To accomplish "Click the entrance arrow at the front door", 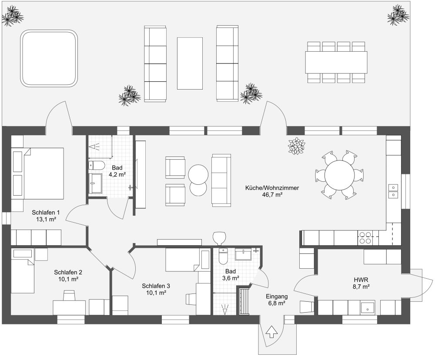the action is [x=271, y=332].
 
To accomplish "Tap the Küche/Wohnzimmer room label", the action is [x=272, y=188].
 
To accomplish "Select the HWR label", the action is [x=361, y=280].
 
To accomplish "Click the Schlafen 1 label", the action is [x=46, y=213].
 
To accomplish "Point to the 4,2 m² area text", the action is [x=117, y=174].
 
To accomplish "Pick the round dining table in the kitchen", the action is [x=340, y=175].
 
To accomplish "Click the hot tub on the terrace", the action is [x=49, y=58].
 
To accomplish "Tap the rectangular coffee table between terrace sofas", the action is [x=190, y=63].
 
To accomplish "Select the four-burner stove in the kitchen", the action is [x=365, y=238].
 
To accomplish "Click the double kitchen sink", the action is [x=393, y=191].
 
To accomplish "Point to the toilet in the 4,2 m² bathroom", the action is [x=96, y=166].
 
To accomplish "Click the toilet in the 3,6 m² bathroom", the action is [x=223, y=256].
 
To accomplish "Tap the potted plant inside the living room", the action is [x=297, y=146].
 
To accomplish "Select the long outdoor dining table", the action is [x=336, y=63].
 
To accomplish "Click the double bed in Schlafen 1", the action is [x=37, y=173].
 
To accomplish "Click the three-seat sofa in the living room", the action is [x=221, y=180].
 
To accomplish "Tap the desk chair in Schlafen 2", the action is [x=69, y=295].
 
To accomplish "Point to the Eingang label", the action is [x=277, y=297].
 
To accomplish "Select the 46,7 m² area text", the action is [x=272, y=195].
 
